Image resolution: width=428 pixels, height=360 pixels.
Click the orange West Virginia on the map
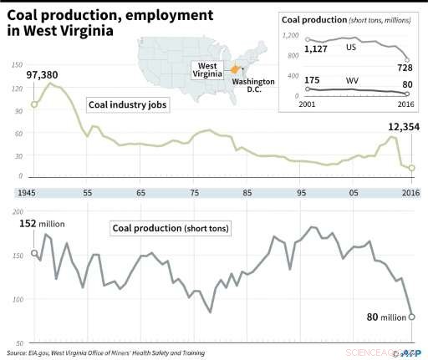point(237,69)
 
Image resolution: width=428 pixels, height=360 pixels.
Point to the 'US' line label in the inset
point(352,48)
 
